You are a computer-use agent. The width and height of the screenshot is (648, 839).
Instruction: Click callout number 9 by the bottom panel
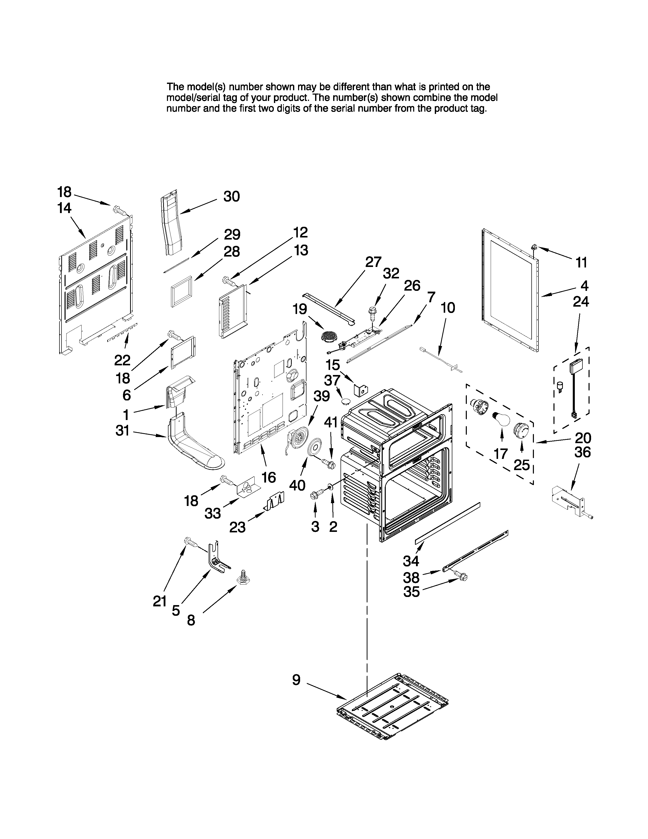pos(296,680)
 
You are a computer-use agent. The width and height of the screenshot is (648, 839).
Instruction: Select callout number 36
pos(582,453)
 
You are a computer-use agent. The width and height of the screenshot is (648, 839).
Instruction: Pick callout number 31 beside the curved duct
pos(122,431)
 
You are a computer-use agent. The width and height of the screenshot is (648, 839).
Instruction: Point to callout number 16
pos(269,477)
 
